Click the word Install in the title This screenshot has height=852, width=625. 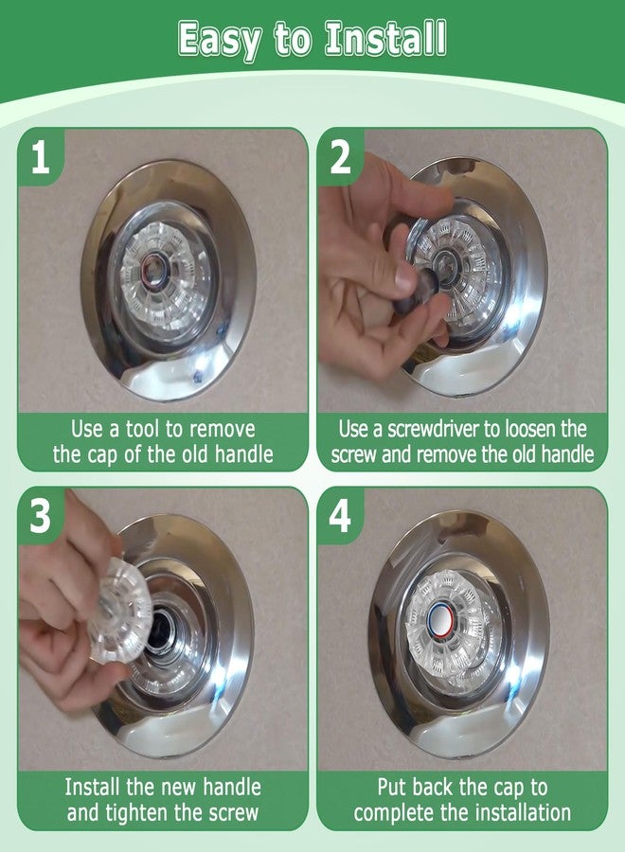coord(385,38)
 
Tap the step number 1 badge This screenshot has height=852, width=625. coord(40,156)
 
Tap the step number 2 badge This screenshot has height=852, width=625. coord(340,156)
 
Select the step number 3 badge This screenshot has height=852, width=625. coord(40,515)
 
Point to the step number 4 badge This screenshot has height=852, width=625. coord(340,515)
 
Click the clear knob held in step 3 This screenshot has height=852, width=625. coord(118,609)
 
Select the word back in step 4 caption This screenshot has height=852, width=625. coord(433,787)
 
